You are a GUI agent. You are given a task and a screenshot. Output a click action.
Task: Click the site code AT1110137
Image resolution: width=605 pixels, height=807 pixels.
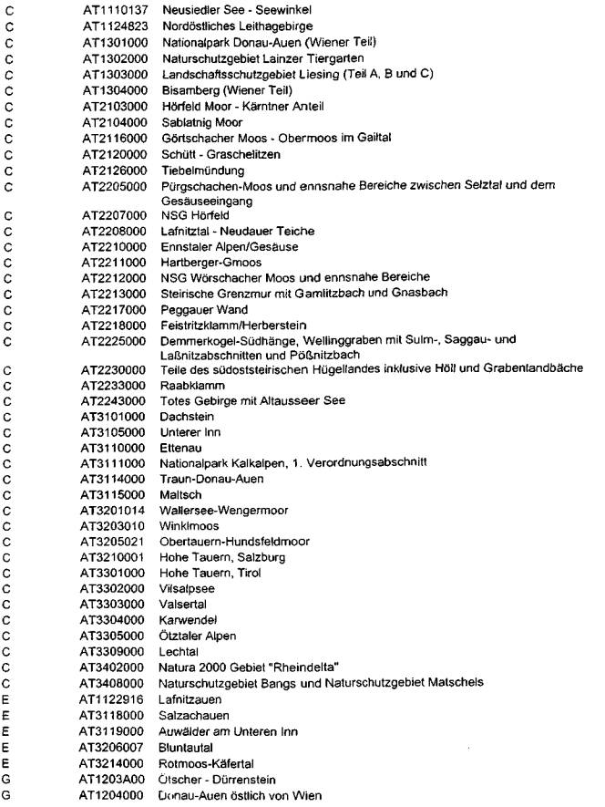(109, 9)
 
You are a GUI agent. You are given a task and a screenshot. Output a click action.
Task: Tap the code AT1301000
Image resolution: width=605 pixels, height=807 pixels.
(109, 41)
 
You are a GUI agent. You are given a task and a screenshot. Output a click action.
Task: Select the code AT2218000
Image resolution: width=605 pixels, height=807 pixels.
(109, 325)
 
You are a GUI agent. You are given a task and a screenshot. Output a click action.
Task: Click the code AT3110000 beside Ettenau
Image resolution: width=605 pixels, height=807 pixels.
(109, 452)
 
